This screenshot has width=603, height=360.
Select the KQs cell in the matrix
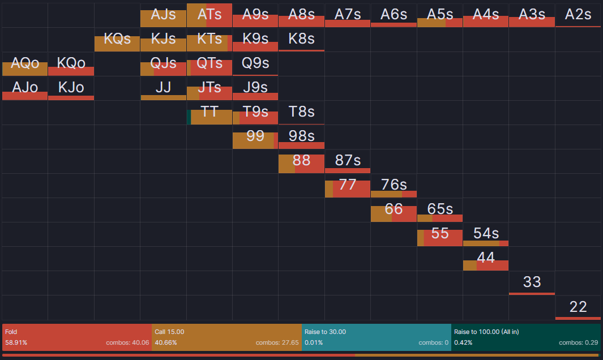[x=117, y=40]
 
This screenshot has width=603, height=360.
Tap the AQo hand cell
[x=25, y=64]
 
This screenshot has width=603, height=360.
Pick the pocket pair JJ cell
[x=163, y=88]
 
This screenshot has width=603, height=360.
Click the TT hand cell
[x=209, y=112]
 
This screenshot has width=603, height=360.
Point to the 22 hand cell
[x=578, y=307]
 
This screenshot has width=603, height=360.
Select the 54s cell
[x=486, y=234]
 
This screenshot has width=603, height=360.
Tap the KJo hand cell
[x=71, y=88]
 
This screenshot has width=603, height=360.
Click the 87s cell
[x=348, y=161]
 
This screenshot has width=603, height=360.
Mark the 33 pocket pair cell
[x=532, y=282]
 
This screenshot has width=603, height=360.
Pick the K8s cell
[x=301, y=40]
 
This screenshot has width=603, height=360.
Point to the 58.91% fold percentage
[x=16, y=342]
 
